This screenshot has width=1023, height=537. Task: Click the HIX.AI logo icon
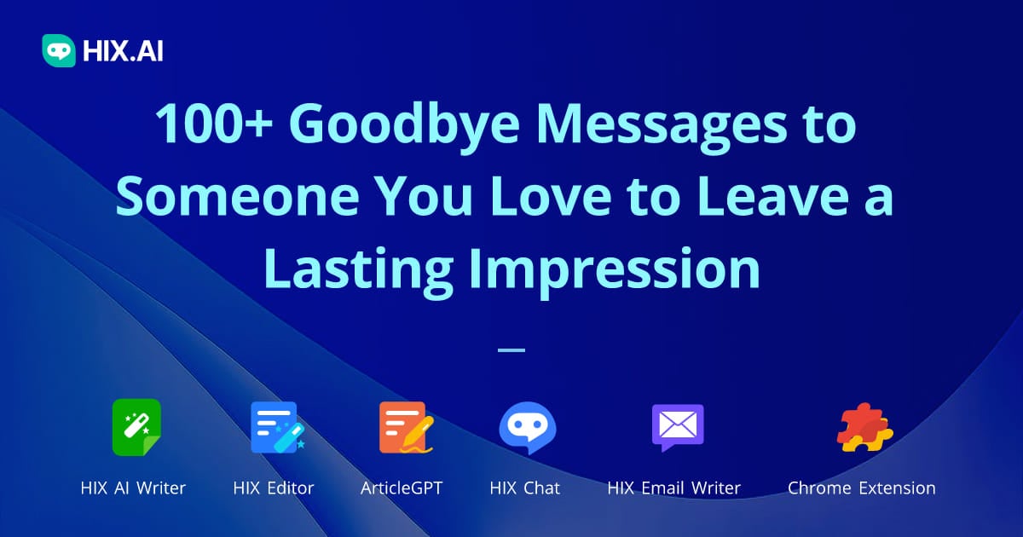pyautogui.click(x=59, y=50)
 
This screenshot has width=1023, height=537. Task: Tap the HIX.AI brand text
pyautogui.click(x=123, y=51)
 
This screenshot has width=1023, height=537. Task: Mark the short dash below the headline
pyautogui.click(x=511, y=349)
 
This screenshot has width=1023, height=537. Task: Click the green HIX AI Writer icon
pyautogui.click(x=136, y=427)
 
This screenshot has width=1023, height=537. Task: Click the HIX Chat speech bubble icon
pyautogui.click(x=527, y=427)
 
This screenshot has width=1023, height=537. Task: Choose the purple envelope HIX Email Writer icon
pyautogui.click(x=677, y=427)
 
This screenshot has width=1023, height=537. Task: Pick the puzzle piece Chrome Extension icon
pyautogui.click(x=863, y=427)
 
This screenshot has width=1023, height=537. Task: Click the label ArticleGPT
pyautogui.click(x=402, y=488)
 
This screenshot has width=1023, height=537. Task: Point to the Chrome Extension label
pyautogui.click(x=861, y=488)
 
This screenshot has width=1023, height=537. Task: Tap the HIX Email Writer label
pyautogui.click(x=673, y=488)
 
